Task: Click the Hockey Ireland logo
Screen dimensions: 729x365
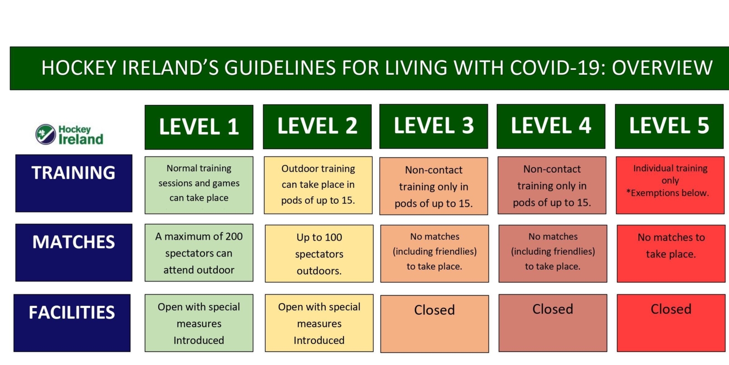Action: click(69, 134)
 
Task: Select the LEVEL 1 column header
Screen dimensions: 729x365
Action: click(199, 127)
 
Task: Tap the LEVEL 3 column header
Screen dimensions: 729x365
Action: click(433, 126)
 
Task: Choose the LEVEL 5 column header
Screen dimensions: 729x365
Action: click(669, 126)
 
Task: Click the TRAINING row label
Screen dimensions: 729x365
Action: click(74, 183)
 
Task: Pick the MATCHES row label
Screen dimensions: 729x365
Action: click(74, 252)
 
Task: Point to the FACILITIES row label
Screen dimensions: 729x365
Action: click(72, 323)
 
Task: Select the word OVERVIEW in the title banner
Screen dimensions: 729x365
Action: click(662, 68)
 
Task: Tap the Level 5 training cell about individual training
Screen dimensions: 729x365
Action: click(670, 185)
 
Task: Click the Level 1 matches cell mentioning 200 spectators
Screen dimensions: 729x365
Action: click(199, 252)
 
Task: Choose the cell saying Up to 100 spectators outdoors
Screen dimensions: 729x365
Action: click(319, 254)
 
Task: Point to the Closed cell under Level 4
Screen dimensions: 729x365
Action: click(553, 323)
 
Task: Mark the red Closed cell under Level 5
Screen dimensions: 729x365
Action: click(671, 323)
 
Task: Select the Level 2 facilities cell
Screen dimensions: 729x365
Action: click(319, 323)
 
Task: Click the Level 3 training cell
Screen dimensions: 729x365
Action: click(433, 186)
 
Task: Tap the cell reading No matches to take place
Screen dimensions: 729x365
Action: click(671, 254)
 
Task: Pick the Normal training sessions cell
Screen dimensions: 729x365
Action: click(199, 185)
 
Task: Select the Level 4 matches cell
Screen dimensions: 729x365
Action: click(553, 254)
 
